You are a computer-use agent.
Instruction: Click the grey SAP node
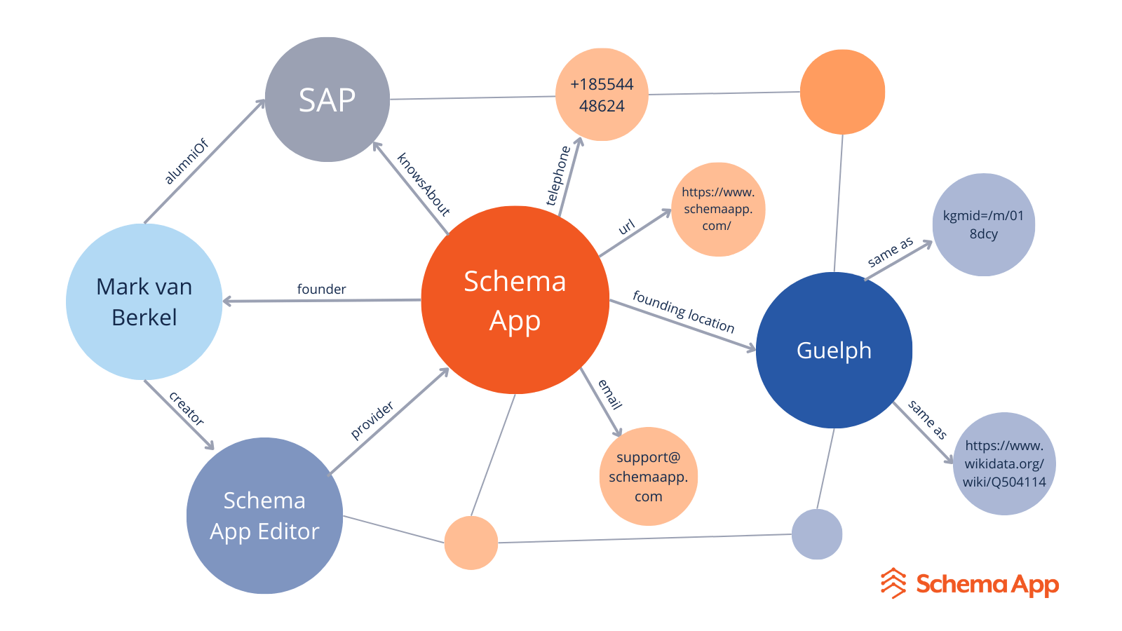click(x=327, y=100)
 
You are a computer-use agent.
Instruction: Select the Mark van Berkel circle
click(x=144, y=302)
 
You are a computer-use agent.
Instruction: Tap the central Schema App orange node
click(x=515, y=300)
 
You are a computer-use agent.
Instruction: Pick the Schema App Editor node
click(x=264, y=516)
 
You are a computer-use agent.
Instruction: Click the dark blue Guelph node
click(x=834, y=350)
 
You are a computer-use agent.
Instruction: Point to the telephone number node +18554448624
click(x=602, y=95)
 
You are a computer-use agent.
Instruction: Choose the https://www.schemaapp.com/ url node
click(x=717, y=209)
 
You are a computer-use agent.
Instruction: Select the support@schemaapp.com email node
click(x=648, y=477)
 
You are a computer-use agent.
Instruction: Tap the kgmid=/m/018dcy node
click(x=983, y=224)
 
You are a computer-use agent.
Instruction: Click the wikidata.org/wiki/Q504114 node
click(x=1004, y=463)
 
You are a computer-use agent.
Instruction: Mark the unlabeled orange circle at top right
click(x=842, y=92)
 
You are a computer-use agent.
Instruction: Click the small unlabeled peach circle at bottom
click(x=471, y=543)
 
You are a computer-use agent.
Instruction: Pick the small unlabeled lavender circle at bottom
click(x=817, y=534)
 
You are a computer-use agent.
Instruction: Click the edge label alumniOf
click(x=187, y=162)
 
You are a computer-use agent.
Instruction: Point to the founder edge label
click(x=321, y=289)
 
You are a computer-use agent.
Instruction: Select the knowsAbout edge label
click(x=423, y=184)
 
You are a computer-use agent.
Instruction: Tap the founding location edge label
click(x=683, y=311)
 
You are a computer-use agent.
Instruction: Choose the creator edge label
click(x=187, y=409)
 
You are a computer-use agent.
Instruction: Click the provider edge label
click(x=372, y=420)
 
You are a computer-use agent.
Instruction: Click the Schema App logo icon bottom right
click(x=893, y=583)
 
